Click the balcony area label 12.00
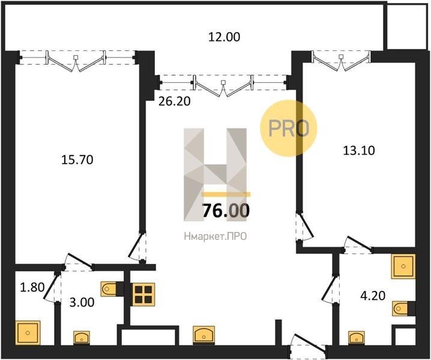point(224,37)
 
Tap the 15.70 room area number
point(77,160)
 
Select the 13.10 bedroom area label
point(359,151)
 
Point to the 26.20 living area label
point(175,101)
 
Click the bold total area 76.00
point(226,211)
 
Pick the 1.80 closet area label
point(32,287)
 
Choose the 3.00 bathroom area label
point(82,302)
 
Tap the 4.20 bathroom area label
point(373,296)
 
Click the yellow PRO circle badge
point(289,128)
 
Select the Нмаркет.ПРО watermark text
point(216,236)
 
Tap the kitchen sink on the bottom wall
point(203,335)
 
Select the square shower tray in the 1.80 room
point(28,332)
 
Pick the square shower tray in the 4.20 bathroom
point(403,266)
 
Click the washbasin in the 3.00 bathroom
point(82,337)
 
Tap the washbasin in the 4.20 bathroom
point(357,337)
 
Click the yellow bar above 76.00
point(226,194)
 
